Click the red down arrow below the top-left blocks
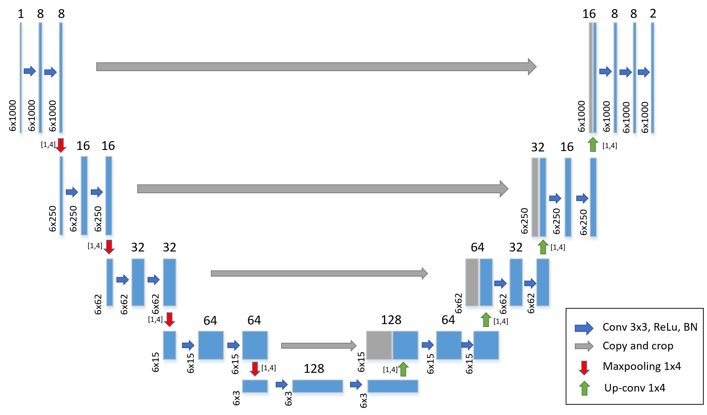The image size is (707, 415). click(x=61, y=145)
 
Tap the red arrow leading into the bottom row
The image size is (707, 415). click(x=255, y=369)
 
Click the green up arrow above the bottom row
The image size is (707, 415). click(x=403, y=369)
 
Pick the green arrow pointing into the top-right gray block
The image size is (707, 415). click(x=593, y=144)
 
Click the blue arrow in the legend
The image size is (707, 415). click(x=584, y=328)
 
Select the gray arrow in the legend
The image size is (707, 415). click(x=584, y=346)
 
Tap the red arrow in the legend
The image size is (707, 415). click(x=584, y=368)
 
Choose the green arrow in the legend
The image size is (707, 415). click(x=584, y=388)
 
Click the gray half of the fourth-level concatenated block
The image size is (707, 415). click(x=379, y=346)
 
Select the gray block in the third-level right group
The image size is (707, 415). click(x=472, y=282)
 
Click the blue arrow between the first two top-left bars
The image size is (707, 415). click(x=30, y=71)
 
